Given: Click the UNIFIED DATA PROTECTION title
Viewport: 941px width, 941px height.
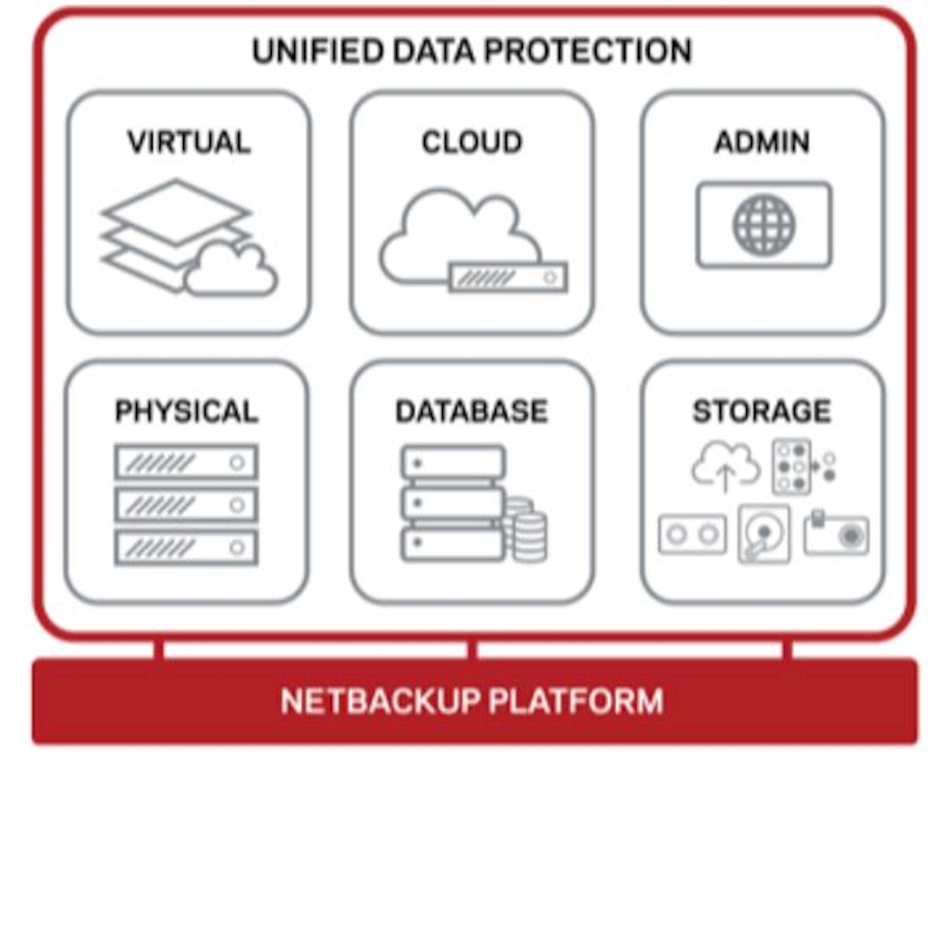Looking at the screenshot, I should click(471, 51).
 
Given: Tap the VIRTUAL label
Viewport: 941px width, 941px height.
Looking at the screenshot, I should click(188, 142).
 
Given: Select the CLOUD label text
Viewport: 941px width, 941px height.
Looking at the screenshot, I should click(471, 142).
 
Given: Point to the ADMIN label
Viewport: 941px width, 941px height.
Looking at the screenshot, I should click(762, 142).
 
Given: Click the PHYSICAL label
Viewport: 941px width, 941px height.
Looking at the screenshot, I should click(187, 411).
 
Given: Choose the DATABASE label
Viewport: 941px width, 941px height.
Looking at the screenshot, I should click(471, 411).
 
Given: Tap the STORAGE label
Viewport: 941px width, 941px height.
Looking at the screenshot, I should click(762, 411).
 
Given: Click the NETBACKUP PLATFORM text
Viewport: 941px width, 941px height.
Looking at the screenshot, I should click(471, 701).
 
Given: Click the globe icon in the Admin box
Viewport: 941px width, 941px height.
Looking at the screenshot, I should click(764, 224).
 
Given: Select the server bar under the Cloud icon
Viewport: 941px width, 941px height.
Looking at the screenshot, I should click(508, 277).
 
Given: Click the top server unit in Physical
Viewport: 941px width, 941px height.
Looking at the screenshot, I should click(187, 461).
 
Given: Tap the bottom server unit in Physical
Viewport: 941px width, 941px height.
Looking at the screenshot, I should click(187, 548).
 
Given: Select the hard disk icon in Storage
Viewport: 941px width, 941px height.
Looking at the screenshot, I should click(764, 534).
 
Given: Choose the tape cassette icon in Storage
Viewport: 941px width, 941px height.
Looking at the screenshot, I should click(692, 534).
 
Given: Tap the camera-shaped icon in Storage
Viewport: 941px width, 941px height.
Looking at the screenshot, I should click(835, 534).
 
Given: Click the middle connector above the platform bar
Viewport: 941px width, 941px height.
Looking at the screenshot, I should click(472, 651).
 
